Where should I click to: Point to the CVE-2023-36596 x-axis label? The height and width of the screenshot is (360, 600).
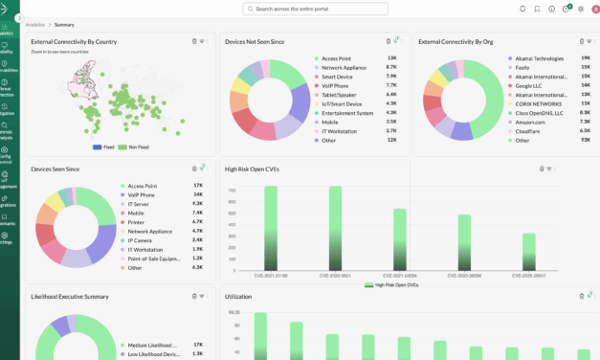pyautogui.click(x=464, y=275)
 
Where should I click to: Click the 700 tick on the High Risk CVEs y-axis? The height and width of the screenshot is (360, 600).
pyautogui.click(x=232, y=190)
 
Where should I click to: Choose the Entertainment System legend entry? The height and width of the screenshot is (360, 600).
pyautogui.click(x=346, y=113)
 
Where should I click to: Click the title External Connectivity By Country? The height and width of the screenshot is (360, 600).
pyautogui.click(x=74, y=42)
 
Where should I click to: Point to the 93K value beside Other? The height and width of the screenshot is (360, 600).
pyautogui.click(x=585, y=140)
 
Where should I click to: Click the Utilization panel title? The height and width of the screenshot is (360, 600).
pyautogui.click(x=238, y=297)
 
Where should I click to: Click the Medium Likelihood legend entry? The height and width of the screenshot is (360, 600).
pyautogui.click(x=153, y=345)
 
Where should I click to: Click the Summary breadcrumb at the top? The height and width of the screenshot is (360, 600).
pyautogui.click(x=65, y=24)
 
